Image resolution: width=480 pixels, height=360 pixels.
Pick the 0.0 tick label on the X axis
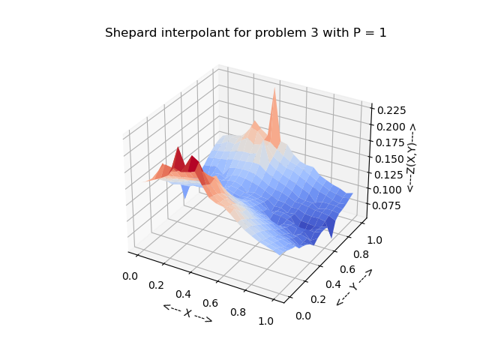(130, 276)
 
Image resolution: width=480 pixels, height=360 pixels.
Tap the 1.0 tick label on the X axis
(265, 321)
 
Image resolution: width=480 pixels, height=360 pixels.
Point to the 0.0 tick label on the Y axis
(303, 316)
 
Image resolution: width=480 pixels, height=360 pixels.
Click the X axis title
(187, 313)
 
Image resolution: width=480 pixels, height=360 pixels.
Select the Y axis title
(354, 286)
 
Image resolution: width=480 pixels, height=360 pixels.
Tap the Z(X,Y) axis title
(411, 158)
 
